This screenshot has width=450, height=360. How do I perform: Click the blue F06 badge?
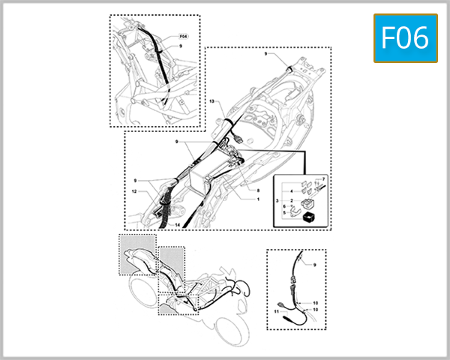pos(405,38)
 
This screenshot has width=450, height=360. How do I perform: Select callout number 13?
pos(212,100)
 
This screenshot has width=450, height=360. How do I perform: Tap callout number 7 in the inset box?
pos(324,180)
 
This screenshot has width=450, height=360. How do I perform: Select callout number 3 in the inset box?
pos(277,202)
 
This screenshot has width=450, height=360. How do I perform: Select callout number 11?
pos(276,310)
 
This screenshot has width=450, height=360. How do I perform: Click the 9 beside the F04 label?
pos(180,46)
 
